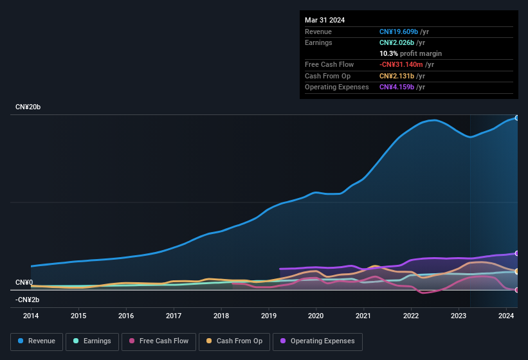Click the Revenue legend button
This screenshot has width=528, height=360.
click(x=37, y=341)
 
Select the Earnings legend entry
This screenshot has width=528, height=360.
click(x=93, y=341)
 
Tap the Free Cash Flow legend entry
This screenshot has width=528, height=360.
click(x=159, y=341)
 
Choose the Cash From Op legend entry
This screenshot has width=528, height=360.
click(x=234, y=341)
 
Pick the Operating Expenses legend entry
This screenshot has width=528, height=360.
click(x=317, y=341)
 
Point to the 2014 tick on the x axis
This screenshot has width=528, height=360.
click(x=31, y=316)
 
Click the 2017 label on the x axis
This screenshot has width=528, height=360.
click(x=173, y=316)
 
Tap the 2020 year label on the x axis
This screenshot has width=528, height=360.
click(x=316, y=316)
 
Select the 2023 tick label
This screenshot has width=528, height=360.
click(x=458, y=316)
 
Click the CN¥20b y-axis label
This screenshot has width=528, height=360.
click(x=28, y=107)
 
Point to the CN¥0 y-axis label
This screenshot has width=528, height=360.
click(x=24, y=283)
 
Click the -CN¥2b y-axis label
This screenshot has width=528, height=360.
click(x=28, y=300)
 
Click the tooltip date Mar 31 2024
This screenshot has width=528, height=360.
click(x=325, y=20)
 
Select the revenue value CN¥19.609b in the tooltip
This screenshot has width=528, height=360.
click(x=399, y=32)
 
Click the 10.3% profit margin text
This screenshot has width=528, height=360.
click(x=410, y=53)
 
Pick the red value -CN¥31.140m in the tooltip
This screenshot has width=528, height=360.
click(x=401, y=64)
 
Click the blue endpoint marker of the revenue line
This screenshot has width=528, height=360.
click(x=516, y=118)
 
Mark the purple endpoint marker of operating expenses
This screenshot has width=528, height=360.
click(x=516, y=253)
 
